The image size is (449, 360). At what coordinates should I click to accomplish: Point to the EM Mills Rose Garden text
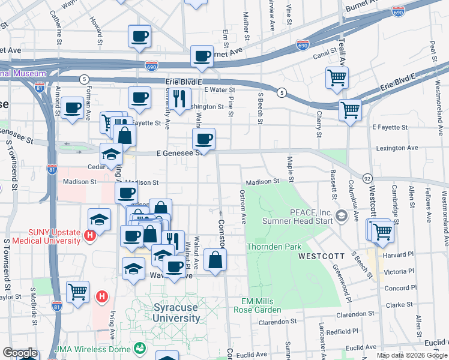tap(257, 305)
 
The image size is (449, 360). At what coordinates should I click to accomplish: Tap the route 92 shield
tap(367, 178)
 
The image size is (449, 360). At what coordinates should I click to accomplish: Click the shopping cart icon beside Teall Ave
tap(337, 77)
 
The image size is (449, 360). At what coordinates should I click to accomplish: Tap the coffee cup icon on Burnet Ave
tap(202, 56)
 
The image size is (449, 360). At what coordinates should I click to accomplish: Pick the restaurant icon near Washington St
tap(179, 98)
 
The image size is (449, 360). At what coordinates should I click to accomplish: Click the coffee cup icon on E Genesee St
tap(203, 139)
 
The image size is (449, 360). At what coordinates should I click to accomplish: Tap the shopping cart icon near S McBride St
tap(77, 292)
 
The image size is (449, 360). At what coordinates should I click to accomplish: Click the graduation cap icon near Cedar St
tap(111, 154)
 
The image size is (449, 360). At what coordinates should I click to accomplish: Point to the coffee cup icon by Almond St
tap(72, 108)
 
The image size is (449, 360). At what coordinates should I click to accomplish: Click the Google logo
tap(20, 353)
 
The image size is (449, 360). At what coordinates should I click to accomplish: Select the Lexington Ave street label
tap(396, 148)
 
